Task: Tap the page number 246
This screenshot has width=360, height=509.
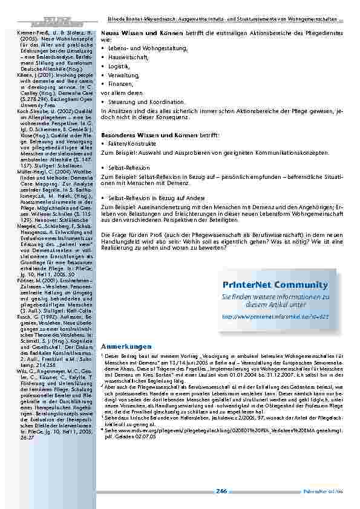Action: pyautogui.click(x=221, y=491)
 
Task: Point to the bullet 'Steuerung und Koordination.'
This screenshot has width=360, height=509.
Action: pyautogui.click(x=141, y=102)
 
